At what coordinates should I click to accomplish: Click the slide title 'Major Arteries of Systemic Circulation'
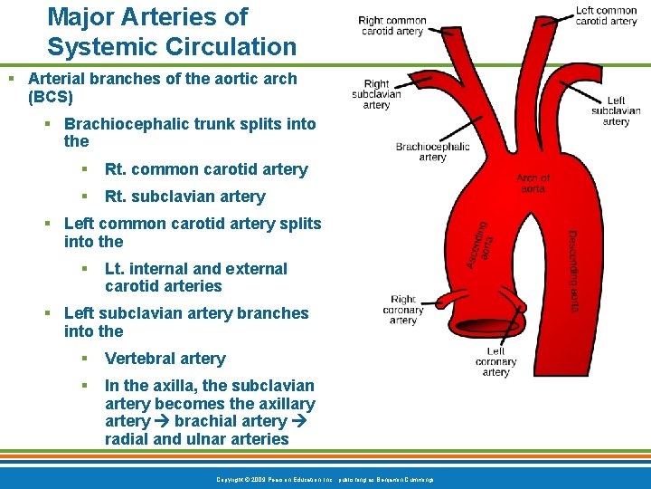[172, 32]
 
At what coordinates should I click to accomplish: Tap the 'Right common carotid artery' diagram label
[392, 25]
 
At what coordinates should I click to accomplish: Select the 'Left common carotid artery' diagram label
[606, 16]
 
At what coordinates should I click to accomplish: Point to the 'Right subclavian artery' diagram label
[377, 94]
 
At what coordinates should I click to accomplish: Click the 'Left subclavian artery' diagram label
[616, 111]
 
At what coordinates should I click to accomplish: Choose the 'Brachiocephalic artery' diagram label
[432, 151]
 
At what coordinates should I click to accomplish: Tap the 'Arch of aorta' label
[533, 183]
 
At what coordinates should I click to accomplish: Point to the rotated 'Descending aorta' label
[574, 271]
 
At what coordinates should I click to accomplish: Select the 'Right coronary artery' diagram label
[403, 309]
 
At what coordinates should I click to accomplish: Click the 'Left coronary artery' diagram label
[495, 361]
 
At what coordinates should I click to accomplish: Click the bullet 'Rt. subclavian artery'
[184, 197]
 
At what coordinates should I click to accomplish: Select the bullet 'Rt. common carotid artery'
[206, 169]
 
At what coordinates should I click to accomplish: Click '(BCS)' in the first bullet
[51, 96]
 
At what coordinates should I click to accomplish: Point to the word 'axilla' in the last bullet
[164, 386]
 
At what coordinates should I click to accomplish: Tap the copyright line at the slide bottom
[325, 478]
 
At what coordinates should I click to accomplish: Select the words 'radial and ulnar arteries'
[196, 439]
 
